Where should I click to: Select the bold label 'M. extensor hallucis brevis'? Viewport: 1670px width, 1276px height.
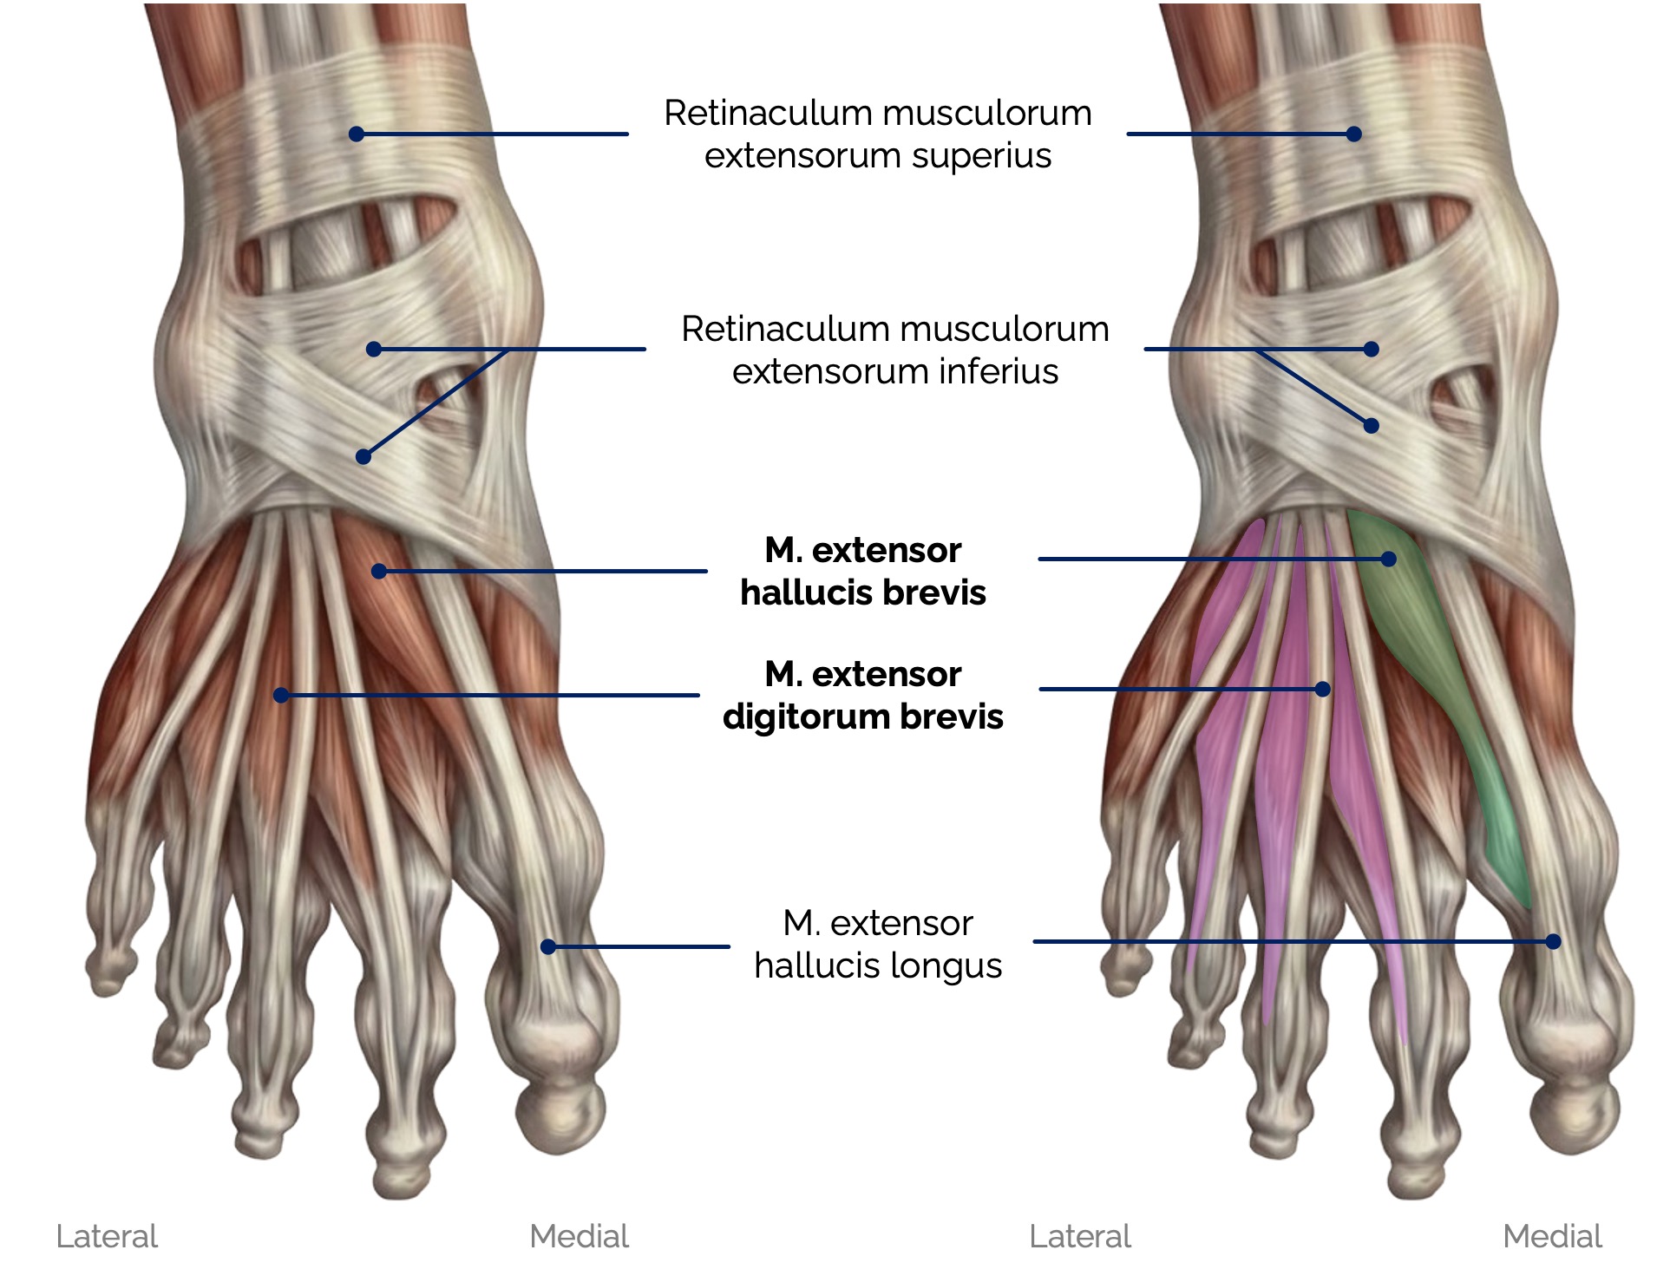(x=863, y=572)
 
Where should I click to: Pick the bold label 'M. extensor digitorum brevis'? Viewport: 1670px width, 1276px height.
(x=863, y=696)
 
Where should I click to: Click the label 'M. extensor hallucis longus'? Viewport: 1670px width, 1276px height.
(x=878, y=945)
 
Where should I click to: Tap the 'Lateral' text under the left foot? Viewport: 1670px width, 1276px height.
(x=107, y=1236)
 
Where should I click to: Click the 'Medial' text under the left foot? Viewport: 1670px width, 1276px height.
(x=579, y=1236)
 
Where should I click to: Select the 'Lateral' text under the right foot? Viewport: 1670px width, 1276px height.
(x=1080, y=1236)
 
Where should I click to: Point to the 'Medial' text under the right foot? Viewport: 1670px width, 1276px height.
(x=1552, y=1236)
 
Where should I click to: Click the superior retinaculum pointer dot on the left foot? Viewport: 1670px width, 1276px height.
(x=357, y=134)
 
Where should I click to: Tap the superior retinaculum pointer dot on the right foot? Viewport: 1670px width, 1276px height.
(x=1354, y=134)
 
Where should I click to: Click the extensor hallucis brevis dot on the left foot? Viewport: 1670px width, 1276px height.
(x=379, y=571)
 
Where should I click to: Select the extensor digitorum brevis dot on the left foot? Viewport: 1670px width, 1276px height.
(x=281, y=695)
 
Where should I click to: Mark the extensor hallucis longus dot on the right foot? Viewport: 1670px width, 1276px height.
(x=1553, y=941)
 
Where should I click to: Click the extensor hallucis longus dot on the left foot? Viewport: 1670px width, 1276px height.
(x=548, y=946)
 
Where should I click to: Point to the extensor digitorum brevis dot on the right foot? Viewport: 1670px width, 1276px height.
(x=1322, y=690)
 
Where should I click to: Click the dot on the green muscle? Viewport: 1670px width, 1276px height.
(x=1389, y=559)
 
